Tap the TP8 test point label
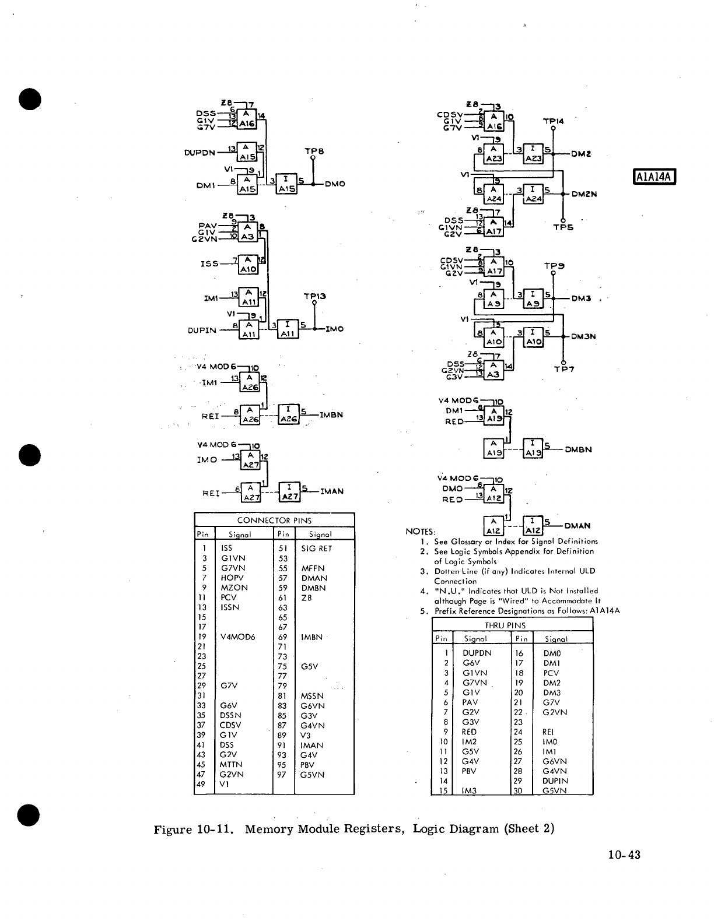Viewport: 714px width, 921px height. coord(314,150)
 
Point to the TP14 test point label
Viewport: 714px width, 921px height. coord(553,121)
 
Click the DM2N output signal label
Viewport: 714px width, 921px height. coord(584,194)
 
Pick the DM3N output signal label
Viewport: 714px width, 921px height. coord(583,336)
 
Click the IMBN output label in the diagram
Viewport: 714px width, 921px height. coord(331,415)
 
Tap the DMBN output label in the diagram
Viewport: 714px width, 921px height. coord(578,449)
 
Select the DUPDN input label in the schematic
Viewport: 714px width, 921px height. coord(199,153)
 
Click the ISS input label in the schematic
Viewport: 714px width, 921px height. coord(209,263)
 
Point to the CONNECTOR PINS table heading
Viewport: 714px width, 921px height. coord(274,520)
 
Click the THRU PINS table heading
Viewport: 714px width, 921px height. coord(513,625)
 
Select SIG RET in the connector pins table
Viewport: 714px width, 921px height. coord(316,549)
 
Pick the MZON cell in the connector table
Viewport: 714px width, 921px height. coord(234,588)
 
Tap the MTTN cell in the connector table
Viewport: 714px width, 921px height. coord(231,764)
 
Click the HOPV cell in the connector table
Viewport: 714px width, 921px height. coord(232,578)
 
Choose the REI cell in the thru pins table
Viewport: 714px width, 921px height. coord(548,732)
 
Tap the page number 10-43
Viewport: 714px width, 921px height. coord(624,855)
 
